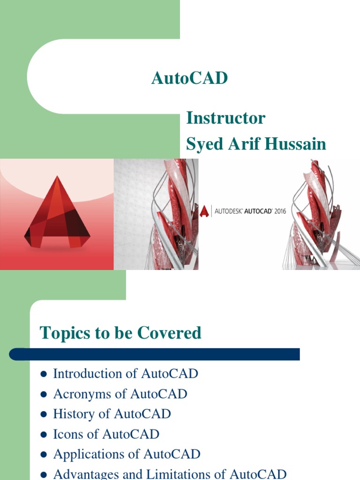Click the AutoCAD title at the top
189,78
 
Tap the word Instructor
225,118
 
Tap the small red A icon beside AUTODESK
204,211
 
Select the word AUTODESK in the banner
228,211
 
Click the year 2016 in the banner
280,211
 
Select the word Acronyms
82,394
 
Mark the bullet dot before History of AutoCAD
44,414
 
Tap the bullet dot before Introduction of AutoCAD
44,374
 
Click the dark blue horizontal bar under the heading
154,354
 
